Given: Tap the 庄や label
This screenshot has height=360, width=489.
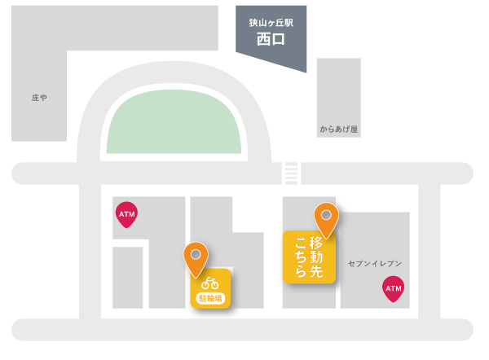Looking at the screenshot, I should tap(39, 97).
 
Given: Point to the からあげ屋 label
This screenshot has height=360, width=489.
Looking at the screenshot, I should tap(338, 129).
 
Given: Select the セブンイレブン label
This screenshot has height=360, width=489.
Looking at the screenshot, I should tap(375, 263).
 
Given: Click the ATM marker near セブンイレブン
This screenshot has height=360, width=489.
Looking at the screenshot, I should tap(393, 288).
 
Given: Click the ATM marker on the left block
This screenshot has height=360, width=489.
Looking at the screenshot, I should tap(126, 214).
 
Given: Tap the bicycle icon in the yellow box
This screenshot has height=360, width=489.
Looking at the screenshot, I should tap(210, 283).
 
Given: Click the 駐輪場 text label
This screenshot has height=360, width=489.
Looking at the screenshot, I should tap(210, 297).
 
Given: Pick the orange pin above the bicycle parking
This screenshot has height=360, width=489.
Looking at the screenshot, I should tap(196, 257).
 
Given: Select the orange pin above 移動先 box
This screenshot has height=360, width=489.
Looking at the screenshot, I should tap(327, 217).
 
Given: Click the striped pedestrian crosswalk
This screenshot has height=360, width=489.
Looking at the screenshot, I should tap(291, 173).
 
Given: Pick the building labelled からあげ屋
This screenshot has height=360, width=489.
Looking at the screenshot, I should tap(338, 98).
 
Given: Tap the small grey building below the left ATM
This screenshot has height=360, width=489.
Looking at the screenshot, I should tap(127, 277).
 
